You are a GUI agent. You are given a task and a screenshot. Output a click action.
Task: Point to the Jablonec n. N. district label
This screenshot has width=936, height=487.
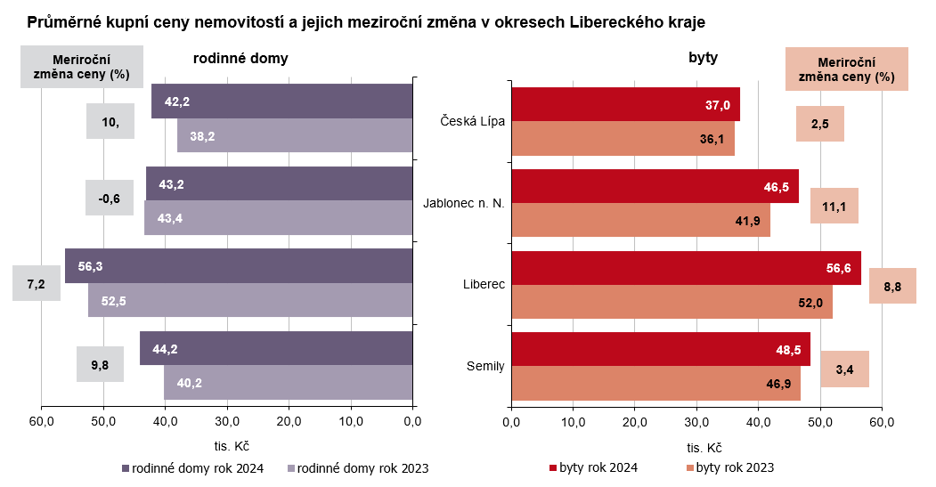tap(463, 203)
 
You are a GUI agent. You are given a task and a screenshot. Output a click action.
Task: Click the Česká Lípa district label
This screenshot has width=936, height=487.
tap(473, 121)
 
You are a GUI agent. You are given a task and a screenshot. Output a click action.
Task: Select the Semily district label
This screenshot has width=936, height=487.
tap(485, 366)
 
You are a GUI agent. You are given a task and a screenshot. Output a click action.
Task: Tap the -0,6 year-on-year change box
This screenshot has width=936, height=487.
tap(110, 199)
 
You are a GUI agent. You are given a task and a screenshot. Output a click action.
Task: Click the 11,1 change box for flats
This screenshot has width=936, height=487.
tap(834, 207)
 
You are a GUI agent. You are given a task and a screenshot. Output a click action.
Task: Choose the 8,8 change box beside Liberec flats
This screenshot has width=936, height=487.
tap(892, 287)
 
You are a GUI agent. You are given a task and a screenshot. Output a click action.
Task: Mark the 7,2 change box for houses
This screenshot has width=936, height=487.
tap(37, 284)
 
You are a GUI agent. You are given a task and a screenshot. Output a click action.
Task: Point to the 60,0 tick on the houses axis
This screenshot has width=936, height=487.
tap(42, 420)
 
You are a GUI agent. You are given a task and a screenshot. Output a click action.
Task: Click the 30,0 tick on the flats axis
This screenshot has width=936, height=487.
tap(696, 420)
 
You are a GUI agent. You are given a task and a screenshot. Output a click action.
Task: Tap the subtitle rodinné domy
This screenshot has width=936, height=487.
tap(240, 59)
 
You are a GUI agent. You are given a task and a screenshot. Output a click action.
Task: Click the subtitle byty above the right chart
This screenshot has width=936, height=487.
tap(703, 59)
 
